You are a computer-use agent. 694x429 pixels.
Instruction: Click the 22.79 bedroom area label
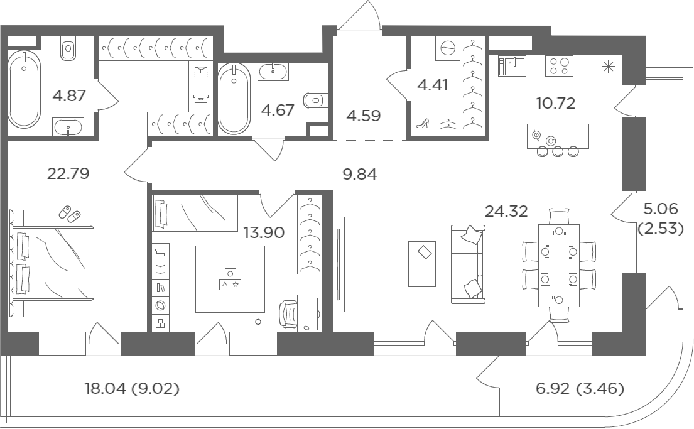(x=68, y=173)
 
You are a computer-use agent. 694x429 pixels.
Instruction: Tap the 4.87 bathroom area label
(x=69, y=95)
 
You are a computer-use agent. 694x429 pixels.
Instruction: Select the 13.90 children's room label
(x=264, y=232)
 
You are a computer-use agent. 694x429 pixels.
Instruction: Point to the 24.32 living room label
(x=506, y=211)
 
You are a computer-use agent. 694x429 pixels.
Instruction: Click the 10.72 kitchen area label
(x=556, y=103)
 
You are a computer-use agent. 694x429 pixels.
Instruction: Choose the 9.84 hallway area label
(x=360, y=174)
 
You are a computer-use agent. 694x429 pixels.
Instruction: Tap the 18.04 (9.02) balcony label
(x=132, y=389)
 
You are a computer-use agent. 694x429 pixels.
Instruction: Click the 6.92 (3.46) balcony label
(x=580, y=389)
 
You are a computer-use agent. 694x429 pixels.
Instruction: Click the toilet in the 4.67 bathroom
(x=315, y=100)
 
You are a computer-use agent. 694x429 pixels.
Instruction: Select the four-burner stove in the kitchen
(x=559, y=65)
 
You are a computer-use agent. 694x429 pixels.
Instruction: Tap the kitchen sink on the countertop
(x=512, y=65)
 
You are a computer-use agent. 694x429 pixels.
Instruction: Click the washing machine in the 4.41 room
(x=447, y=48)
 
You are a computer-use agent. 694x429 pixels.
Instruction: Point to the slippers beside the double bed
(x=70, y=214)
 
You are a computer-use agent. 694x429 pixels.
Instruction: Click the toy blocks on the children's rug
(x=230, y=280)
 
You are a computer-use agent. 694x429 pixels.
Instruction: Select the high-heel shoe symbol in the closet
(x=423, y=123)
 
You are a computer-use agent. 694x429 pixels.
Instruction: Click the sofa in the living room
(x=469, y=264)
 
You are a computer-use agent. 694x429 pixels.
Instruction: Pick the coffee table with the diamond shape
(x=422, y=264)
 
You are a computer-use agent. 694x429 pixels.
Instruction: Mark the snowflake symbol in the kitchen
(x=608, y=67)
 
